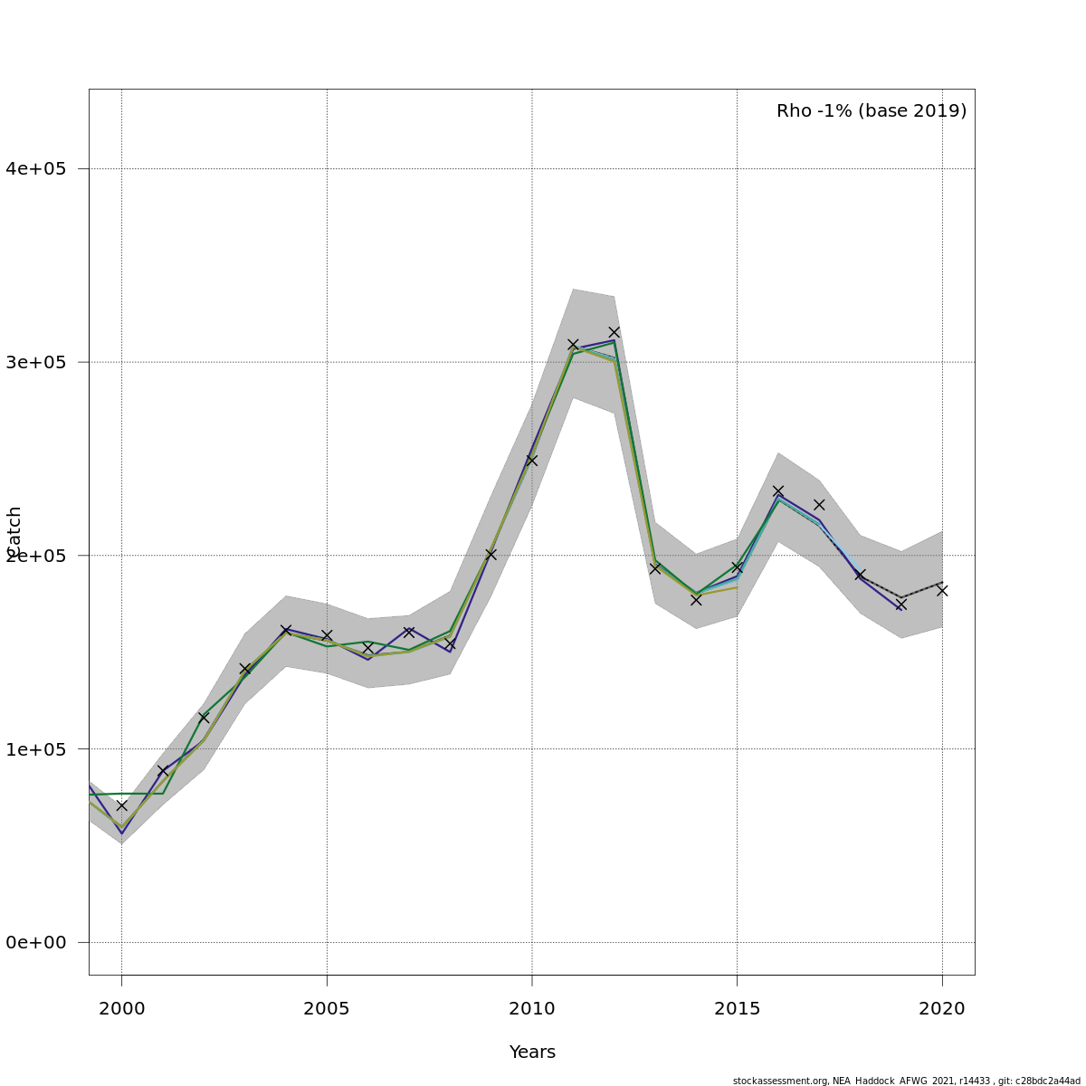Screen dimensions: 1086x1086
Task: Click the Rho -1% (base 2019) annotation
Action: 871,111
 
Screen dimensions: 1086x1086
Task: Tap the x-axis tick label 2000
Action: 121,1008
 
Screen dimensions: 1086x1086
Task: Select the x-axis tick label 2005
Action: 327,1008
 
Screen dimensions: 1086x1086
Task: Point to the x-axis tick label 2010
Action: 531,1008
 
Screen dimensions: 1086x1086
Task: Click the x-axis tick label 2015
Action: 737,1008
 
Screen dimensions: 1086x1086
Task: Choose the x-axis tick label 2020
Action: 942,1008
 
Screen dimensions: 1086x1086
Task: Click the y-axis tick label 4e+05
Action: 36,168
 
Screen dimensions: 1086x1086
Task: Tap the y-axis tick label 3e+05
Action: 36,362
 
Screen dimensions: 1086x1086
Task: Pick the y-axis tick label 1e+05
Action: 36,748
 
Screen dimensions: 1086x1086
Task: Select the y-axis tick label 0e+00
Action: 36,942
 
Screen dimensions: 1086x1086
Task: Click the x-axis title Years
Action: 532,1053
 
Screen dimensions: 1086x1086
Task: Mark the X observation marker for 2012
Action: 614,332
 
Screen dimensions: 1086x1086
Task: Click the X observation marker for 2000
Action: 121,805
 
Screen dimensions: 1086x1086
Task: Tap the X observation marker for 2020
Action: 942,590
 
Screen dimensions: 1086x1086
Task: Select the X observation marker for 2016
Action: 778,491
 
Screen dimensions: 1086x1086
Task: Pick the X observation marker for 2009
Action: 491,554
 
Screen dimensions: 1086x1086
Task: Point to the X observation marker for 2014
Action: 696,599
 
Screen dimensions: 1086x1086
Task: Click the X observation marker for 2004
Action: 286,630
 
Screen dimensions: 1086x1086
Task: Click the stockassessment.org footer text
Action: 906,1081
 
